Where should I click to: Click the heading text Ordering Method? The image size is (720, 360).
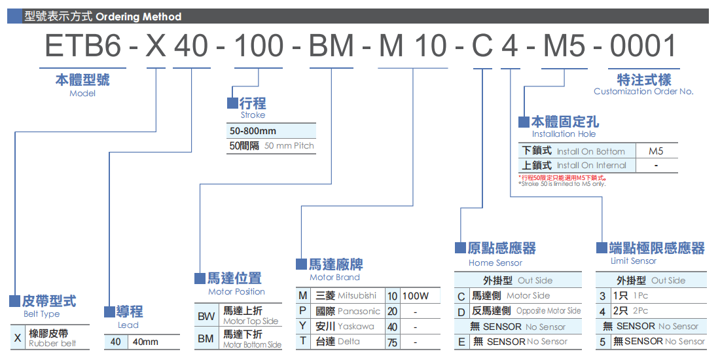point(139,16)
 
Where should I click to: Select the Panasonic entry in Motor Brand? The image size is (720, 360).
point(359,312)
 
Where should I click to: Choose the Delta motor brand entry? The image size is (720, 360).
point(349,341)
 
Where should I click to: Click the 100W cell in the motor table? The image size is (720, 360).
point(416,296)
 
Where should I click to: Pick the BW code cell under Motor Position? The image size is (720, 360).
point(206,316)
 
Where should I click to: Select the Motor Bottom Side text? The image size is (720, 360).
point(252,345)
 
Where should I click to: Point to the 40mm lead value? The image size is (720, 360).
point(145,342)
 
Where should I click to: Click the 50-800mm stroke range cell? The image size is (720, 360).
point(253,131)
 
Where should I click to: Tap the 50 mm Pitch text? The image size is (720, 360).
point(289,146)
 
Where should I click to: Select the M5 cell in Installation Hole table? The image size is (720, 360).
point(656,151)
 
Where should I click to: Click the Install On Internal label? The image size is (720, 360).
point(592,166)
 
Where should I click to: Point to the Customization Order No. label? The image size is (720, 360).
point(643,92)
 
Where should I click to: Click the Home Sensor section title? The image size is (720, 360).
point(495,262)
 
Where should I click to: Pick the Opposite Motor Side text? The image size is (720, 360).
point(549,311)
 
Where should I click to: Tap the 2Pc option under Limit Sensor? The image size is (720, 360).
point(640,311)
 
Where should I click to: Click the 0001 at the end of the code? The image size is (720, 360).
point(643,46)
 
